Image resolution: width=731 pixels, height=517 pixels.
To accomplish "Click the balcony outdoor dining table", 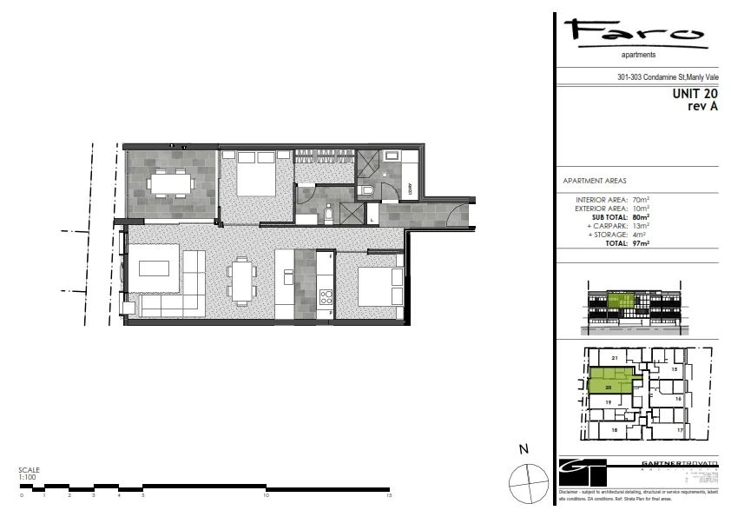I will click(x=170, y=183).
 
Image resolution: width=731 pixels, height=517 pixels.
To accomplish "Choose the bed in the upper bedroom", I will click(x=250, y=179).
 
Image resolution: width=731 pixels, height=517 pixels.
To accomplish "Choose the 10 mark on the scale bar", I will click(x=267, y=495).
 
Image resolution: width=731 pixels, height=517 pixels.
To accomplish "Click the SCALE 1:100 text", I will click(x=29, y=473).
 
